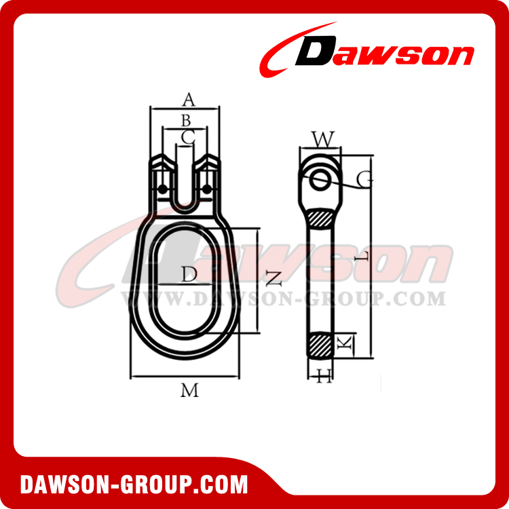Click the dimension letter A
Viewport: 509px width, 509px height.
click(x=189, y=100)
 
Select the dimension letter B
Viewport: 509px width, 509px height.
click(x=185, y=120)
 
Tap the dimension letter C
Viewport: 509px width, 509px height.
click(x=188, y=136)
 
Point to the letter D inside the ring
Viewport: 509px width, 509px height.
click(x=189, y=274)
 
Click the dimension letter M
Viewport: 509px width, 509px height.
click(x=189, y=390)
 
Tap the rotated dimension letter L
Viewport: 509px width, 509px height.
click(x=362, y=257)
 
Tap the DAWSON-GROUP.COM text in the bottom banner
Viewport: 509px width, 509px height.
click(x=134, y=484)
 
